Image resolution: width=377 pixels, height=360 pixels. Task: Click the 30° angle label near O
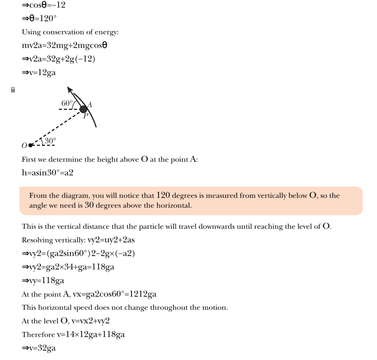coord(50,140)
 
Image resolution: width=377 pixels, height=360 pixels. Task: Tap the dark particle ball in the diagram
coord(84,109)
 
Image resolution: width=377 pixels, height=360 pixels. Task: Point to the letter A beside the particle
coord(89,105)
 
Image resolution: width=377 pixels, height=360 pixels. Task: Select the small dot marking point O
coord(30,145)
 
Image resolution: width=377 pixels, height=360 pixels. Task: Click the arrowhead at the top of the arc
coord(69,90)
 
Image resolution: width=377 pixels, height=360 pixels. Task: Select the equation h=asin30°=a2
coord(47,172)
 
